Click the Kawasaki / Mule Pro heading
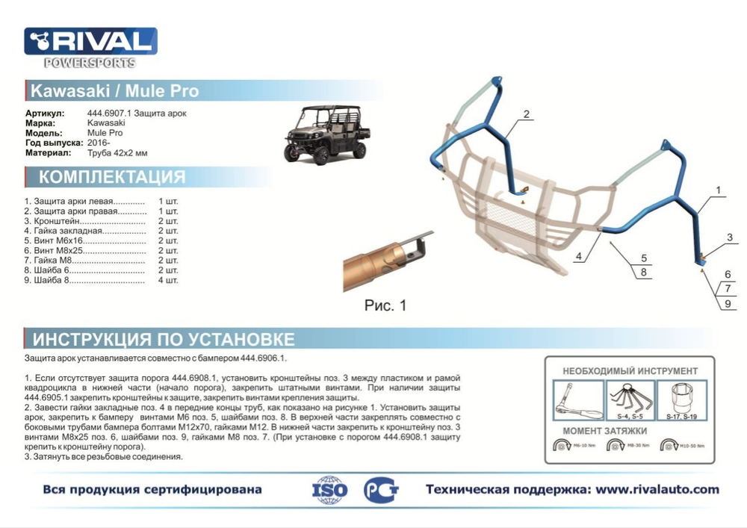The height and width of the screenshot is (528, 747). click(x=114, y=91)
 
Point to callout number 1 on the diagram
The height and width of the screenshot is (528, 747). click(x=718, y=190)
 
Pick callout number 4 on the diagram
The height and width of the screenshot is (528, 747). click(x=579, y=257)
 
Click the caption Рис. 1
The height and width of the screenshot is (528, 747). click(x=385, y=305)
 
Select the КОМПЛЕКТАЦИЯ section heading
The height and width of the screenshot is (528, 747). click(x=112, y=177)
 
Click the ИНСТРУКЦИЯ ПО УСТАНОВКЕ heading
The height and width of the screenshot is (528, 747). click(x=163, y=340)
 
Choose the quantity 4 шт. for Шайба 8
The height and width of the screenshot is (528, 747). click(x=168, y=280)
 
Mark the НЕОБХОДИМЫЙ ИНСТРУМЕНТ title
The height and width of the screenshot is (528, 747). click(x=630, y=370)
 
